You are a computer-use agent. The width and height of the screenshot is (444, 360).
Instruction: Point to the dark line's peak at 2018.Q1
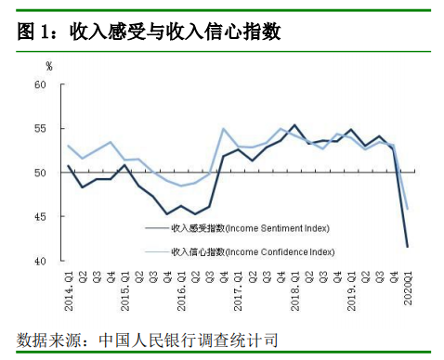(x=294, y=125)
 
